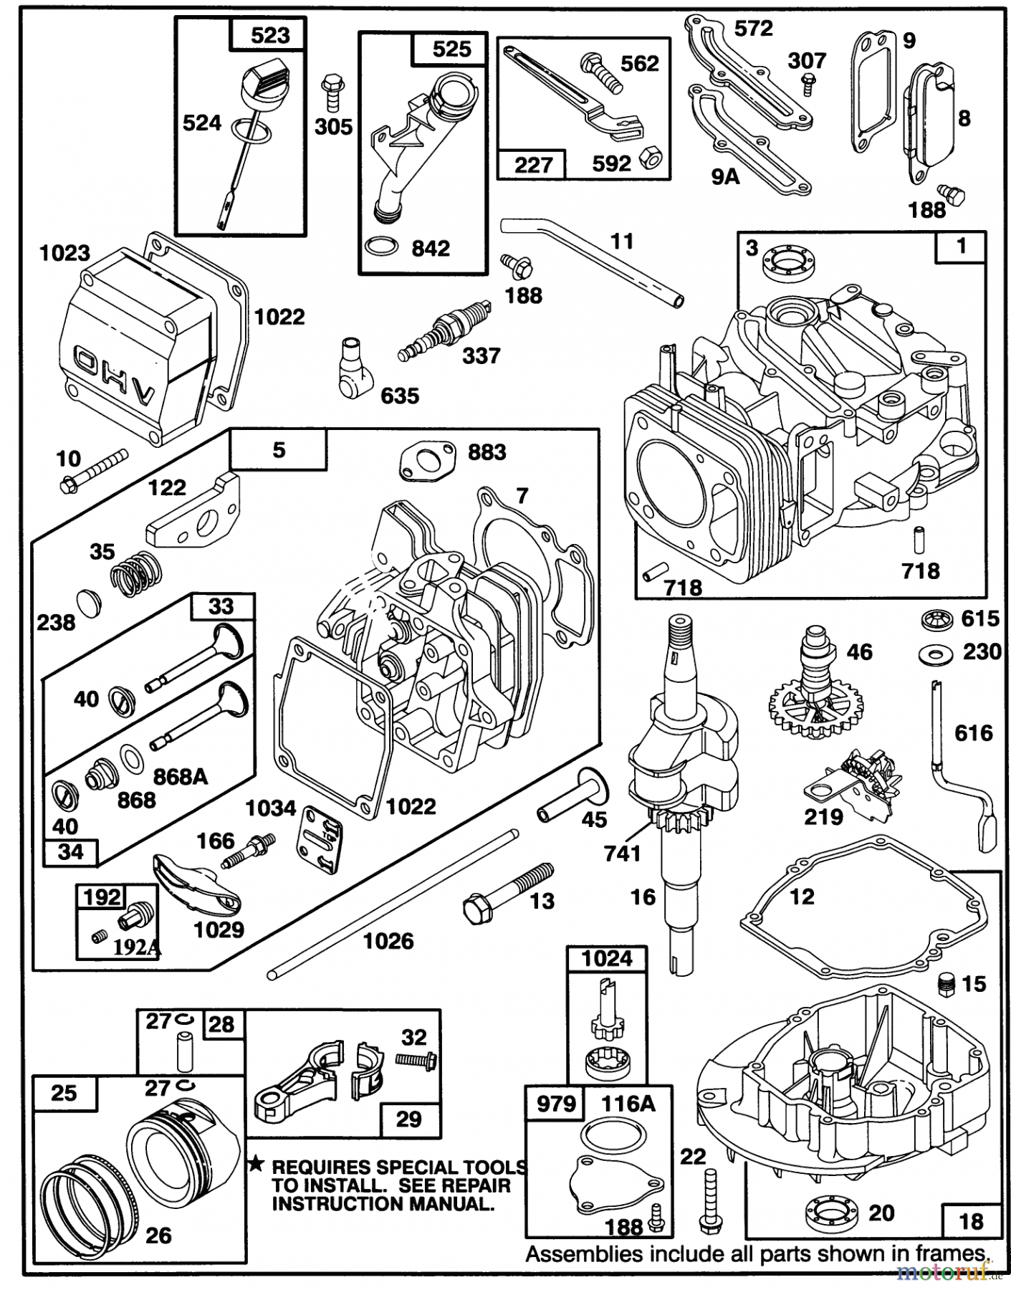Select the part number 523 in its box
270,35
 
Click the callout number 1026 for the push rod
388,941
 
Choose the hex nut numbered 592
650,158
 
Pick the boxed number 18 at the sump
970,1220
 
